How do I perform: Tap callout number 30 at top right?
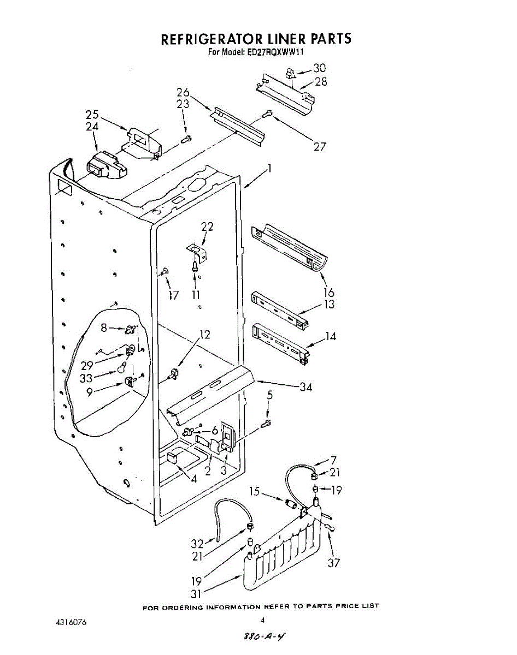[319, 68]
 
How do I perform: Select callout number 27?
[320, 146]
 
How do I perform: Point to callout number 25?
[92, 115]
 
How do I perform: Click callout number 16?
[328, 294]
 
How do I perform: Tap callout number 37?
[333, 562]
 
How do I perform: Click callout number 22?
[207, 227]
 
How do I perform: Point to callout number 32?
[197, 544]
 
